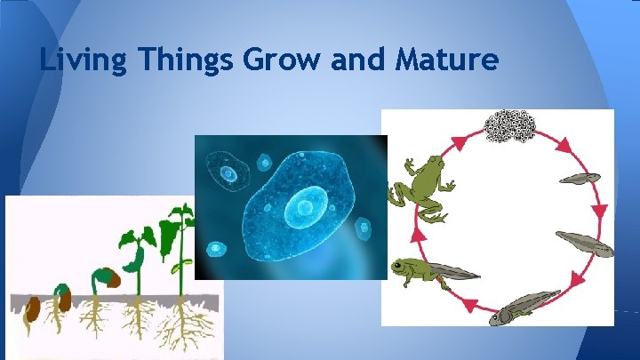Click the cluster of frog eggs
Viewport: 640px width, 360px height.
(508, 126)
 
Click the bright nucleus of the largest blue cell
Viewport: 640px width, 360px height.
(305, 209)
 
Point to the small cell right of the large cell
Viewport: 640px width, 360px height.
(363, 228)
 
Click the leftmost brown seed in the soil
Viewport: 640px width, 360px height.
(32, 309)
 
